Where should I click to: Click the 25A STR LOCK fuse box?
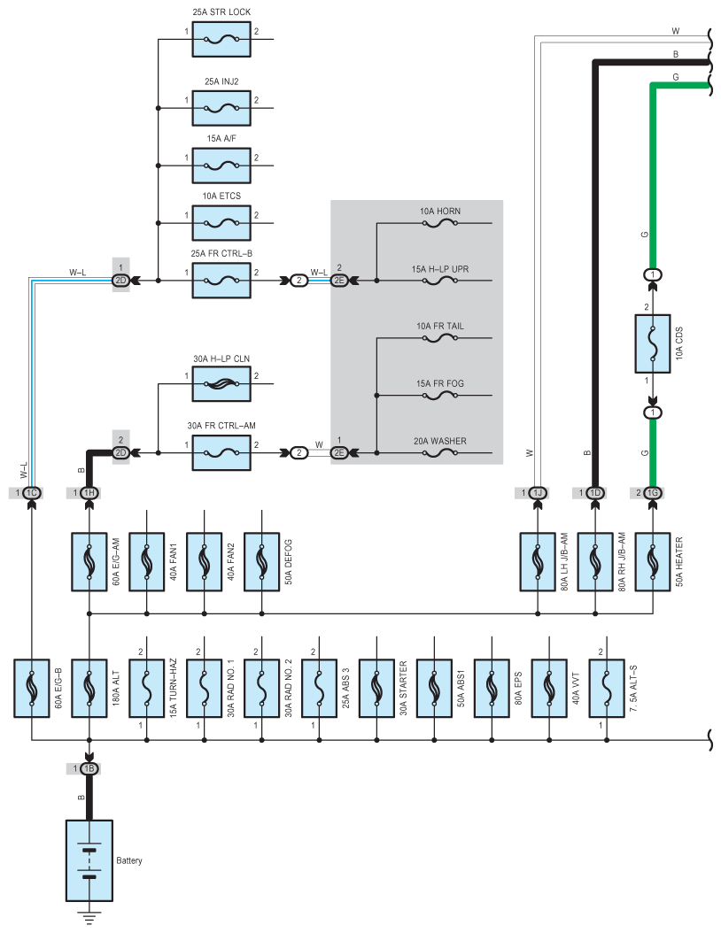221,39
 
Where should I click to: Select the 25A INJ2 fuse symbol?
221,108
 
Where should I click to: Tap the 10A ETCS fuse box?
221,223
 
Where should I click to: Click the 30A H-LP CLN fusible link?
221,384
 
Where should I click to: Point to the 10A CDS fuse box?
653,344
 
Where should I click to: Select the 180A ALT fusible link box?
89,688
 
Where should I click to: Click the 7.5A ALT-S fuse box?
607,688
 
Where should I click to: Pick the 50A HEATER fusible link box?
653,562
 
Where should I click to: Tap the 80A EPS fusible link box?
492,688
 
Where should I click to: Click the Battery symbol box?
89,860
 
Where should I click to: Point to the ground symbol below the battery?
89,918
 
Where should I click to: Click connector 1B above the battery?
89,768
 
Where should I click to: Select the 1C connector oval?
32,493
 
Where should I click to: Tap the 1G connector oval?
653,493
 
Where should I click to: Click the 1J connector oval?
538,493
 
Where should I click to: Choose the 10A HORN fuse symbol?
440,223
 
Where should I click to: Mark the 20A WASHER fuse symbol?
440,453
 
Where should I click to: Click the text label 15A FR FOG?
440,384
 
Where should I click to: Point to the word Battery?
129,860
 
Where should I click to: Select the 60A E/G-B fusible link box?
32,688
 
